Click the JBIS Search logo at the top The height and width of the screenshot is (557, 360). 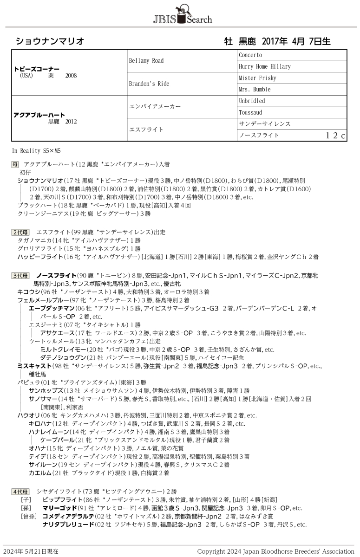pyautogui.click(x=182, y=15)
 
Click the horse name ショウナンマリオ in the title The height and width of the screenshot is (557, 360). pyautogui.click(x=50, y=41)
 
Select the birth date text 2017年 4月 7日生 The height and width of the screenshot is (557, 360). pyautogui.click(x=296, y=41)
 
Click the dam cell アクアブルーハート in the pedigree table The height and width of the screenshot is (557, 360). pyautogui.click(x=39, y=115)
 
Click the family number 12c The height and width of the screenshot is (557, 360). pyautogui.click(x=335, y=136)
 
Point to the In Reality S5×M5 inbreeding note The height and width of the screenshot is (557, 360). pyautogui.click(x=36, y=150)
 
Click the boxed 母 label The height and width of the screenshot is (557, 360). pyautogui.click(x=15, y=164)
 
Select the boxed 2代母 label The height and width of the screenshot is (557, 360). pyautogui.click(x=20, y=232)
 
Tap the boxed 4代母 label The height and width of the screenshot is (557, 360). pyautogui.click(x=20, y=491)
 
